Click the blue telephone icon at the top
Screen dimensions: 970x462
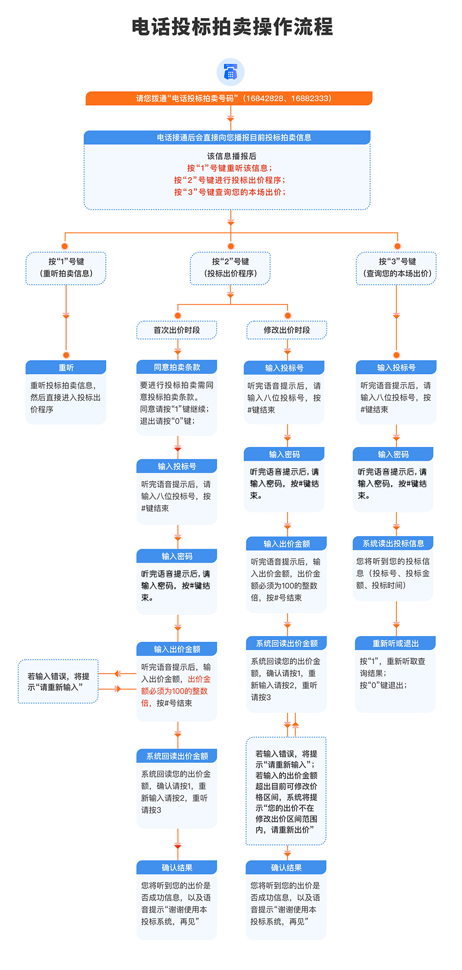pos(230,72)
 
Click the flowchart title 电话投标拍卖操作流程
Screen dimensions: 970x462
pos(232,27)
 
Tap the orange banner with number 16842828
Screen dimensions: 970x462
pos(229,98)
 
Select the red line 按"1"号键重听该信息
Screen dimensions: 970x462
pos(229,168)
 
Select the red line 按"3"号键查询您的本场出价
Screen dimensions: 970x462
pos(229,192)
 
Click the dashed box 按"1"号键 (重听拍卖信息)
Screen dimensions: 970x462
pos(66,268)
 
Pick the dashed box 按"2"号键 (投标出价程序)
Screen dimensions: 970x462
pos(230,268)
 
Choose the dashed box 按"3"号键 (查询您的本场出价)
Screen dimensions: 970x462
pos(397,268)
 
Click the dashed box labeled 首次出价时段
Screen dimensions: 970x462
pos(177,330)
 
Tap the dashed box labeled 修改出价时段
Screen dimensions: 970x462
pos(287,330)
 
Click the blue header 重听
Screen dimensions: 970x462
pos(66,368)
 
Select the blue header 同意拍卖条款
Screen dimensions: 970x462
pos(177,367)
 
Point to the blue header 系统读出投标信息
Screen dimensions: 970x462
pos(393,544)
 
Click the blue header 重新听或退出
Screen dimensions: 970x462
pos(395,644)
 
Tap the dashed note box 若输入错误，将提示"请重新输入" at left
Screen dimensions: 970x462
pos(58,682)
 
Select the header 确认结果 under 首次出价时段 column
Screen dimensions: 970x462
pos(177,868)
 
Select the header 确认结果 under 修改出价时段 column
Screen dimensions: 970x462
pos(286,868)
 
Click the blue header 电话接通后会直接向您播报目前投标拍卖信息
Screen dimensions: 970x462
pos(227,137)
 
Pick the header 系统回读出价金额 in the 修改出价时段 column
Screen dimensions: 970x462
pos(287,644)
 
